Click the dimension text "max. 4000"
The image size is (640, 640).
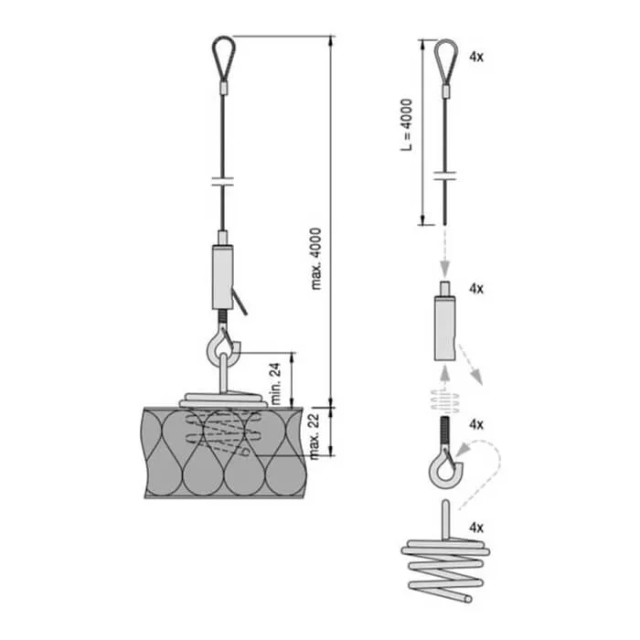(x=316, y=259)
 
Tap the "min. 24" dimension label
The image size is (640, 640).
(x=275, y=383)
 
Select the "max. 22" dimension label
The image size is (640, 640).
(x=314, y=435)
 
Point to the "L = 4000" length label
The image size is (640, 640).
(x=407, y=125)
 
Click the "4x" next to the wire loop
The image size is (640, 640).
(x=476, y=57)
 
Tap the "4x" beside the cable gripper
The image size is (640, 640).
(x=476, y=289)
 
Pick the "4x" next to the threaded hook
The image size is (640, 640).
(x=476, y=424)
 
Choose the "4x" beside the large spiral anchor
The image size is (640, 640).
(x=476, y=528)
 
